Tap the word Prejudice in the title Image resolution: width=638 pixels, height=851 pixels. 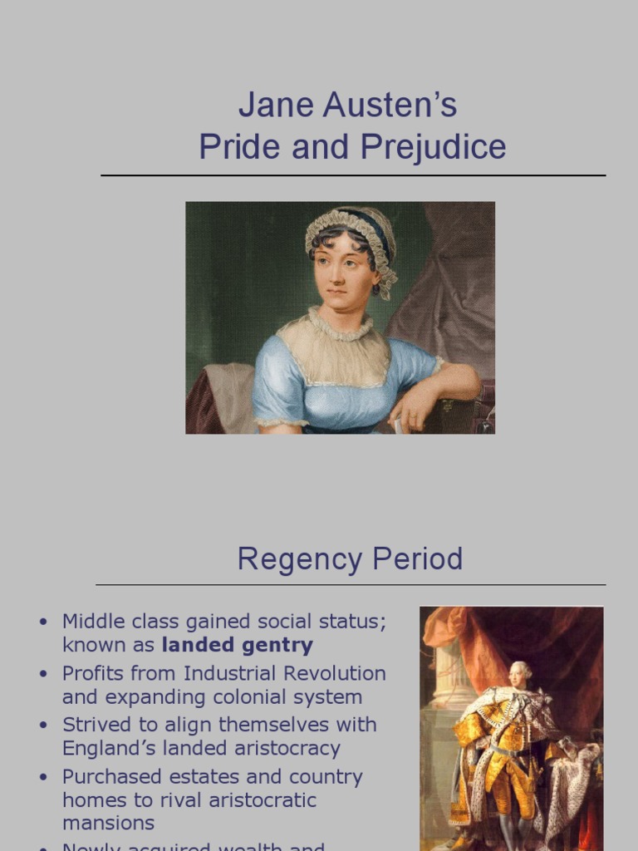433,148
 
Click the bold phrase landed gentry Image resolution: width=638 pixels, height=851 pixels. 237,645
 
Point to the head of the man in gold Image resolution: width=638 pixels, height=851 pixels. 520,673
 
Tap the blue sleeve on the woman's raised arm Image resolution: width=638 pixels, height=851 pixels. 415,362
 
